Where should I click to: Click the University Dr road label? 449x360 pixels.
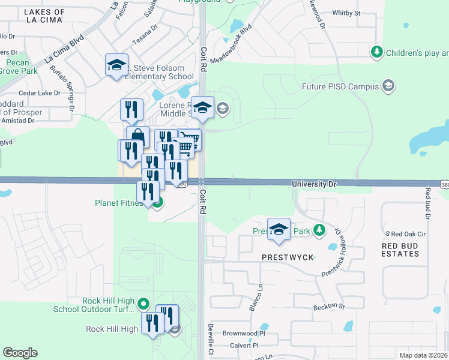click(313, 184)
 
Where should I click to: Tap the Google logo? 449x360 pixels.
click(20, 353)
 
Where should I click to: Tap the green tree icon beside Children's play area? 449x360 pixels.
click(377, 52)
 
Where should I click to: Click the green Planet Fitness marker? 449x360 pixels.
click(157, 203)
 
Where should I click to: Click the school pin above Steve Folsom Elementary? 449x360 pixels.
click(116, 65)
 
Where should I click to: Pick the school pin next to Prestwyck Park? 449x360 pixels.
click(279, 230)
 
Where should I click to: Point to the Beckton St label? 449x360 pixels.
click(328, 307)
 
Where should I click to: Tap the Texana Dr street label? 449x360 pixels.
click(145, 44)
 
